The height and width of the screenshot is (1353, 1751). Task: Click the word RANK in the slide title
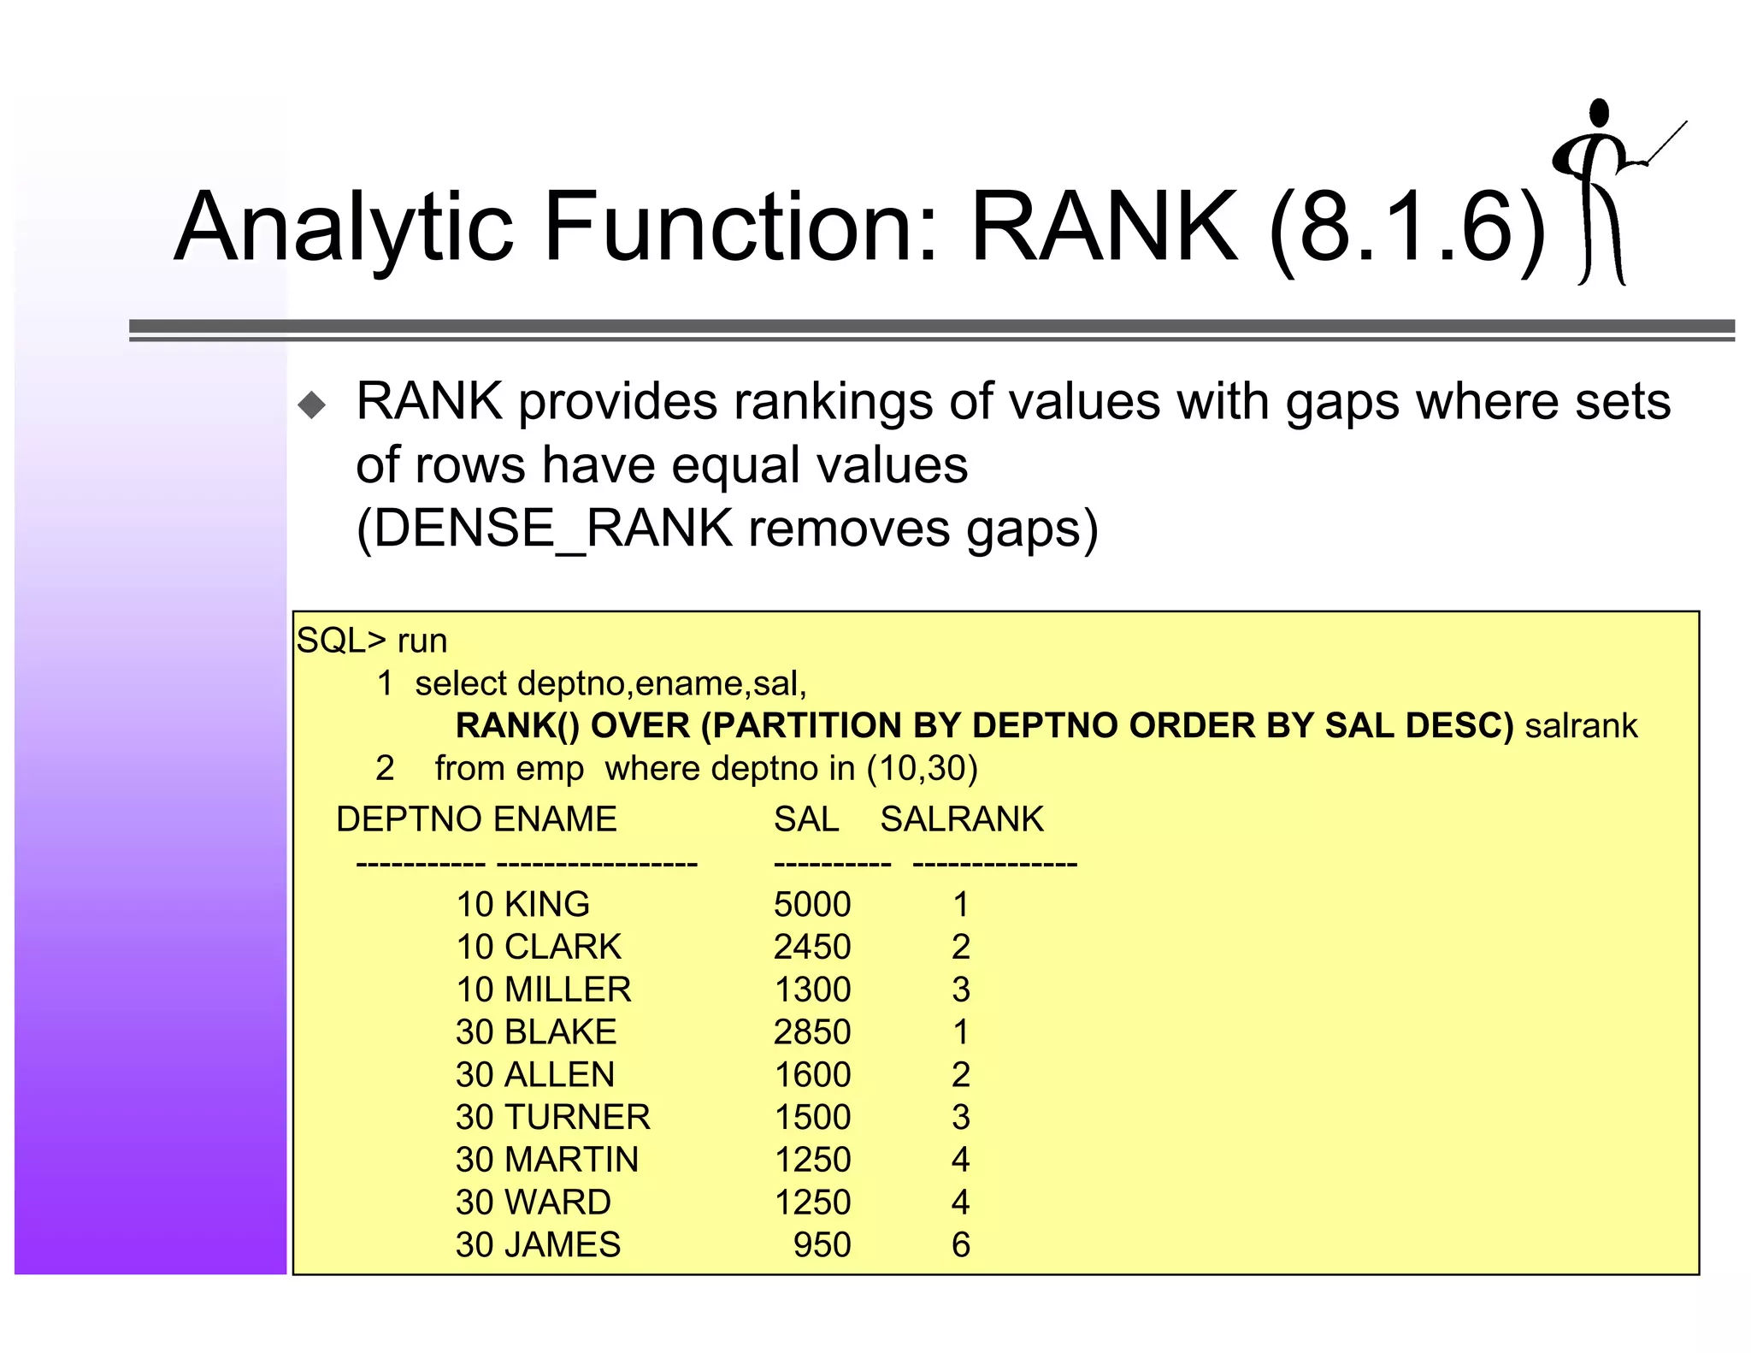(x=1103, y=227)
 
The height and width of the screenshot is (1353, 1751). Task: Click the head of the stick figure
(x=1599, y=112)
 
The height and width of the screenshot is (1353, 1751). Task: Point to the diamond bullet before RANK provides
(x=312, y=405)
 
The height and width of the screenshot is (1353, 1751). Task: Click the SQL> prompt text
(x=341, y=641)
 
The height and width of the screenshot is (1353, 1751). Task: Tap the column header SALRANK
(x=962, y=819)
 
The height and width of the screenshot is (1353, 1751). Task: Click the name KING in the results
(x=547, y=905)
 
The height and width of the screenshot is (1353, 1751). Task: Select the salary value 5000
(x=812, y=905)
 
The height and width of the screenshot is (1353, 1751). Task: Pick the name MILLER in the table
(x=568, y=990)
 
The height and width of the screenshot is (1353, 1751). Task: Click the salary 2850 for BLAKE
(x=812, y=1032)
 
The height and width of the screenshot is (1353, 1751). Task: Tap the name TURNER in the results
(x=577, y=1117)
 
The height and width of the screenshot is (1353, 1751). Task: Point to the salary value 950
(x=822, y=1245)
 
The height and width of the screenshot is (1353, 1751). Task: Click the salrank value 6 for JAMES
(x=961, y=1245)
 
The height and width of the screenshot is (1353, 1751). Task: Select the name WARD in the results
(x=557, y=1202)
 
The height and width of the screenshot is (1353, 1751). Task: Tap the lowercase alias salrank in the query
(x=1581, y=726)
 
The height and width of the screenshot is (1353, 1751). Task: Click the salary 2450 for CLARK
(x=812, y=948)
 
